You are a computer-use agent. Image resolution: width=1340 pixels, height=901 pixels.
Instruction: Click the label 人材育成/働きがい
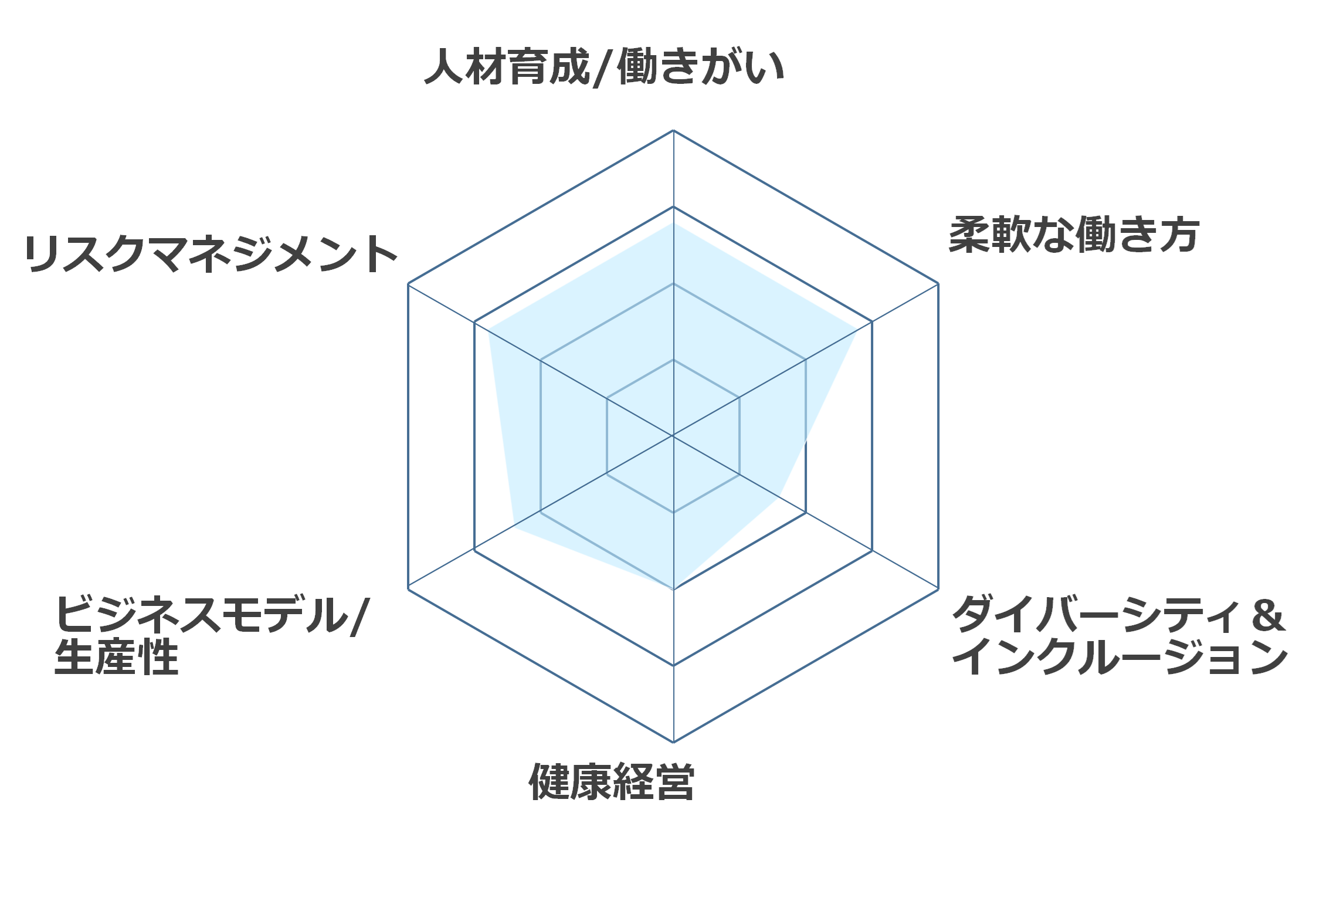(604, 67)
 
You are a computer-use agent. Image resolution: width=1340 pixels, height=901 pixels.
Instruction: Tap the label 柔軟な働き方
(1074, 235)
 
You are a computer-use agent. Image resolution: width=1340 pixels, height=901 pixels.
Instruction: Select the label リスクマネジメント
(211, 253)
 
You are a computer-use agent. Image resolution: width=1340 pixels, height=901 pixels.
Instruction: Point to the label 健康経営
(612, 782)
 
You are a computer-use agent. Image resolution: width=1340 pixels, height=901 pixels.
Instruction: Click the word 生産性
(116, 656)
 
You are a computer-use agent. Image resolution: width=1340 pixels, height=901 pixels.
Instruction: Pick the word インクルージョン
(1120, 656)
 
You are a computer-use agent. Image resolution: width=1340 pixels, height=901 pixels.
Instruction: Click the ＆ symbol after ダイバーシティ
(1268, 615)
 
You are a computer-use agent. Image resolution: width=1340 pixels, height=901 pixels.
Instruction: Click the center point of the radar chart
(673, 436)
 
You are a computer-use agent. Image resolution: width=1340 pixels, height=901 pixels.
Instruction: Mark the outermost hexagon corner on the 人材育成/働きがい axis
(673, 130)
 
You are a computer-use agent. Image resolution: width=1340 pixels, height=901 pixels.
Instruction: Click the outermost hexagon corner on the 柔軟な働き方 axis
(938, 283)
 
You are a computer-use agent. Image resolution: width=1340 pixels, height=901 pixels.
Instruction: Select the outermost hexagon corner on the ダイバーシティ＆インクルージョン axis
(938, 589)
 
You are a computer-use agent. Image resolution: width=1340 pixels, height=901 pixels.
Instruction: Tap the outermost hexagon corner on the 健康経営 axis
(673, 742)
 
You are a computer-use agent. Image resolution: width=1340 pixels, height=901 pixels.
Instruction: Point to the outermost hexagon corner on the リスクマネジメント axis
(408, 283)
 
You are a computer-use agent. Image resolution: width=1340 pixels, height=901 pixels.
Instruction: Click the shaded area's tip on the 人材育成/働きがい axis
(673, 222)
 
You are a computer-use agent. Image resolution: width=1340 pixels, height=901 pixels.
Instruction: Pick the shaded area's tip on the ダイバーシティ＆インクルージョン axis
(779, 497)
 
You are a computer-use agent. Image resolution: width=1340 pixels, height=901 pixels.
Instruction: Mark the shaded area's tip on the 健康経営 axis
(673, 589)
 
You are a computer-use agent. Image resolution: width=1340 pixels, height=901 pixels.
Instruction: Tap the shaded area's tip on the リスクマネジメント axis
(488, 329)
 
